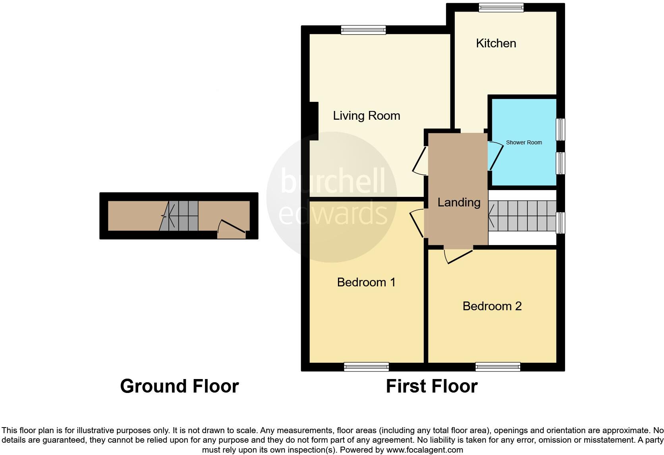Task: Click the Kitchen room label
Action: [496, 43]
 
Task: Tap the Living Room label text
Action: [366, 116]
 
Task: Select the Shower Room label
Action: [523, 142]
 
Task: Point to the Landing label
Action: [459, 202]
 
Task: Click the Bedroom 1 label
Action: [366, 282]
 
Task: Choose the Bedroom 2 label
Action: [492, 306]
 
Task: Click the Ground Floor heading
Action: [179, 386]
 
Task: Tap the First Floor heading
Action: [431, 386]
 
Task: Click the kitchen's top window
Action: [501, 7]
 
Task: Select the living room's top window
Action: [363, 29]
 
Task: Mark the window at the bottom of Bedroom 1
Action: [366, 367]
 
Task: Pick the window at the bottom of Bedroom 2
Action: [498, 367]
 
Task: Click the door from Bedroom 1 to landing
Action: [417, 223]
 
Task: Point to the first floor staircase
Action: [522, 216]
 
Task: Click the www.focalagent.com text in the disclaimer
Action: [425, 450]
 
